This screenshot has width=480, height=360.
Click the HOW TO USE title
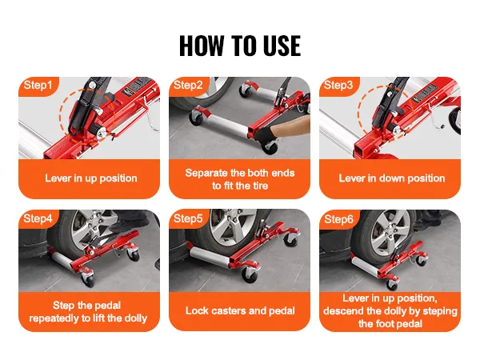coord(240,46)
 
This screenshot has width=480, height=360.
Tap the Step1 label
coord(38,85)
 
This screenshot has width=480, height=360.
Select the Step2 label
coord(188,85)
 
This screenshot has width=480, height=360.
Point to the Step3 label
coord(338,85)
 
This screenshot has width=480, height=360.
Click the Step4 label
coord(38,218)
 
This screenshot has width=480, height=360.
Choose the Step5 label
coord(188,218)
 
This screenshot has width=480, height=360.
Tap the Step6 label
coord(338,219)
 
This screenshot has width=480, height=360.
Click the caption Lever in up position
coord(91,178)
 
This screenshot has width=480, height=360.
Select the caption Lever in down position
coord(392,178)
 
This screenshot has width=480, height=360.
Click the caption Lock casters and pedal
coord(240,310)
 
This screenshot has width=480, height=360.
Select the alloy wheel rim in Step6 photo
coord(390,234)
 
